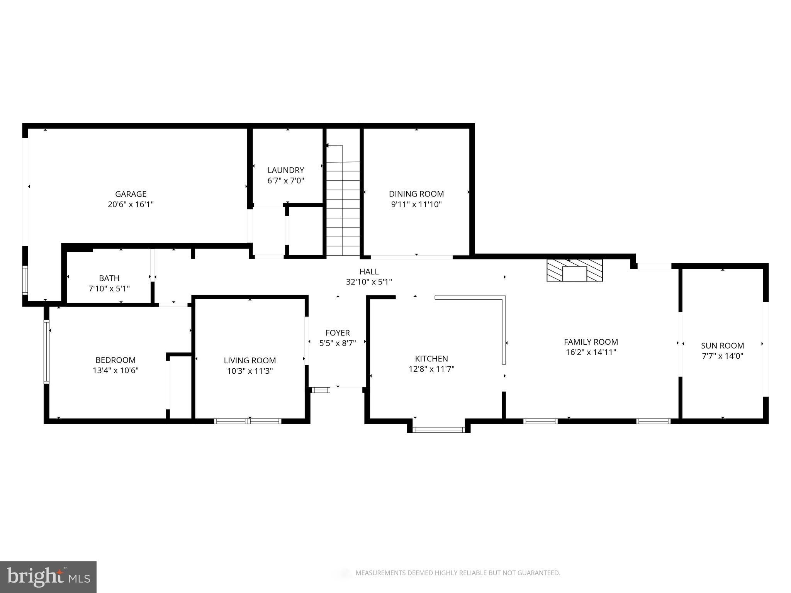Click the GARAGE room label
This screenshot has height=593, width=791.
click(131, 194)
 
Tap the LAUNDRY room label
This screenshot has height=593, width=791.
click(286, 170)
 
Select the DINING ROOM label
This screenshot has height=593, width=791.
click(416, 194)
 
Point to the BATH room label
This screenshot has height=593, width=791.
click(109, 278)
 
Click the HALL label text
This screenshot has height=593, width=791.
click(369, 271)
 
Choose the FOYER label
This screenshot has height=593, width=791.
click(338, 332)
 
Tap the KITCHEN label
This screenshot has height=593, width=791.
click(431, 359)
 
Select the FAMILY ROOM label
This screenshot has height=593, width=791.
click(591, 342)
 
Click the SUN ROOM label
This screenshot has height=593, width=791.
click(722, 346)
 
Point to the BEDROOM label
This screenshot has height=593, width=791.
click(115, 360)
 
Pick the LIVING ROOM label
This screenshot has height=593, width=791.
click(250, 361)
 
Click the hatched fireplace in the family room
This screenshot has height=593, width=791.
click(574, 270)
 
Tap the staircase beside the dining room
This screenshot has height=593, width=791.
click(343, 200)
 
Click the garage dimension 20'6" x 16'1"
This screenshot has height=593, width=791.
click(131, 204)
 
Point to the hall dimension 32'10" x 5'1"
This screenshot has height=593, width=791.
click(369, 282)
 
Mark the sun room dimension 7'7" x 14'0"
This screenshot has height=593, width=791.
click(722, 356)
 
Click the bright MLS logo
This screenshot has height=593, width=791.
click(48, 577)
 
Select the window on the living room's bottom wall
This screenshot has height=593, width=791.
click(248, 421)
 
